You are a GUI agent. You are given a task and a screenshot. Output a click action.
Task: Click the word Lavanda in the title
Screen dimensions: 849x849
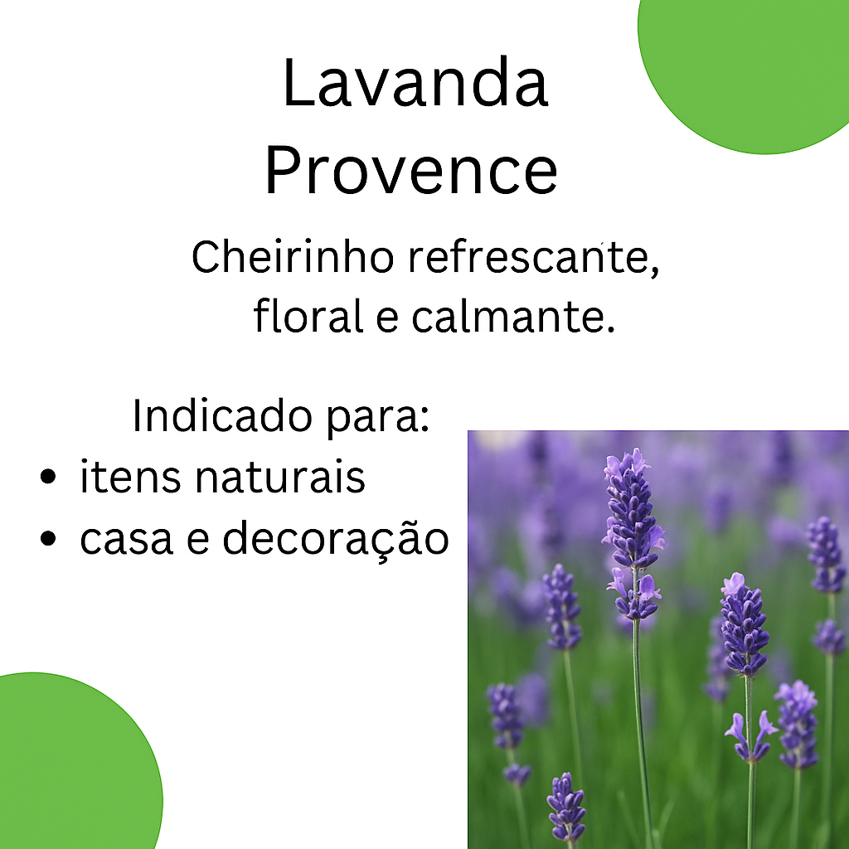pos(415,83)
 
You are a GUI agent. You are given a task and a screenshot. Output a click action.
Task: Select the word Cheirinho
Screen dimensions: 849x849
pos(293,257)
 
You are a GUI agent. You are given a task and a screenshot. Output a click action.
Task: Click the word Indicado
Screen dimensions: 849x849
pos(222,416)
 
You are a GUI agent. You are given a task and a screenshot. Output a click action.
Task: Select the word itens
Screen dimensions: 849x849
pos(130,477)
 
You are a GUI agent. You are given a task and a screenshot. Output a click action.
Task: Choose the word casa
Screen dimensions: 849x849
pos(126,539)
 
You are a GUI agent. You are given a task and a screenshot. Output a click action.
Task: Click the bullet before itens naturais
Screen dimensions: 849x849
pos(48,477)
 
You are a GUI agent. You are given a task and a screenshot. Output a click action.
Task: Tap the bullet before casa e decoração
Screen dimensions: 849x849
pos(48,539)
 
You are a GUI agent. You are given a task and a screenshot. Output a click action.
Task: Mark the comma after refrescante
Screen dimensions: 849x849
pos(654,271)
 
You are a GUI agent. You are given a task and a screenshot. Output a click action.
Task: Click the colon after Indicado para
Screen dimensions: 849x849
pos(424,420)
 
